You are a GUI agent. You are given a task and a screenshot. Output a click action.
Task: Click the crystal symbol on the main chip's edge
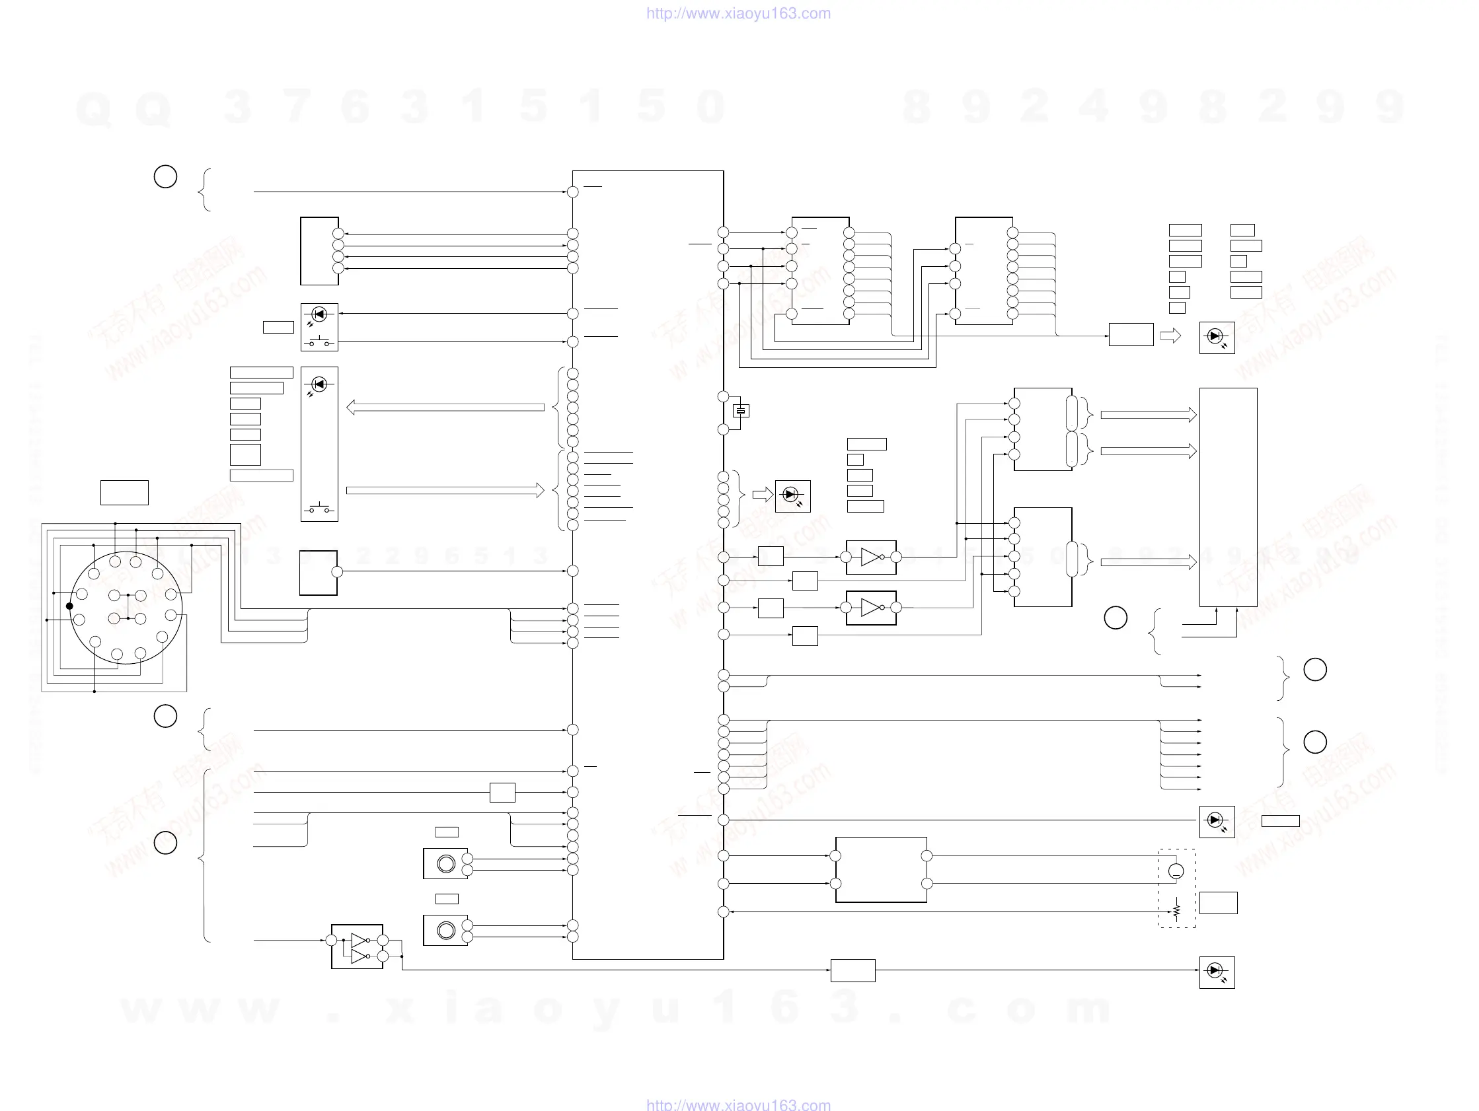click(741, 411)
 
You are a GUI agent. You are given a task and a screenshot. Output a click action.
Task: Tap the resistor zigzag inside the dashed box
click(1176, 910)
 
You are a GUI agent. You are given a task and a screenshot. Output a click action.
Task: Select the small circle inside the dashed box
click(1176, 871)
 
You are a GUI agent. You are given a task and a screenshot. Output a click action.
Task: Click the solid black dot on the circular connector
click(69, 606)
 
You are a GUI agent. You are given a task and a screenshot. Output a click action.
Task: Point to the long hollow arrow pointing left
click(445, 407)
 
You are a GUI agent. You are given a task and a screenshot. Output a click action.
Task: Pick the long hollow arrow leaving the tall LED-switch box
click(445, 491)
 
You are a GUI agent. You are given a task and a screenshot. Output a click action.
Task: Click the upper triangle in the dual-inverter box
click(358, 940)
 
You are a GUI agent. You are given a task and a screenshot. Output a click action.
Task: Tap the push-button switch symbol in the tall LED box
click(319, 509)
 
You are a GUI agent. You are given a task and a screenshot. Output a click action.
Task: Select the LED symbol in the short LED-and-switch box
click(319, 314)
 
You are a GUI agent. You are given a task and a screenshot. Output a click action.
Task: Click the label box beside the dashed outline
click(1218, 902)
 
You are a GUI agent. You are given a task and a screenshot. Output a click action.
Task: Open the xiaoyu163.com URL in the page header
click(738, 13)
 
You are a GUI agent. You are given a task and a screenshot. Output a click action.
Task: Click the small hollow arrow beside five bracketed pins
click(762, 495)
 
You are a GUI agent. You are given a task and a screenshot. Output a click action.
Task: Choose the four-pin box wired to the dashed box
click(880, 870)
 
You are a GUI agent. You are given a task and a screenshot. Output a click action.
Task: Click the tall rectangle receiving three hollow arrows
click(1228, 497)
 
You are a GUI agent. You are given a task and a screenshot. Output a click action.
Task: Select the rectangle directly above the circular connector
click(124, 493)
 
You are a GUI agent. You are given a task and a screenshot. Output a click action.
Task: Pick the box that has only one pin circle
click(319, 573)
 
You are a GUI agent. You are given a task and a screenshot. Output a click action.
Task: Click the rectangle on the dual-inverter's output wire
click(853, 970)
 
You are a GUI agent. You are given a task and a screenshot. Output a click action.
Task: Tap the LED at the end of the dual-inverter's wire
click(1217, 971)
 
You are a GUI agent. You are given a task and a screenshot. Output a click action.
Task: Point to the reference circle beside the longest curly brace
click(165, 843)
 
